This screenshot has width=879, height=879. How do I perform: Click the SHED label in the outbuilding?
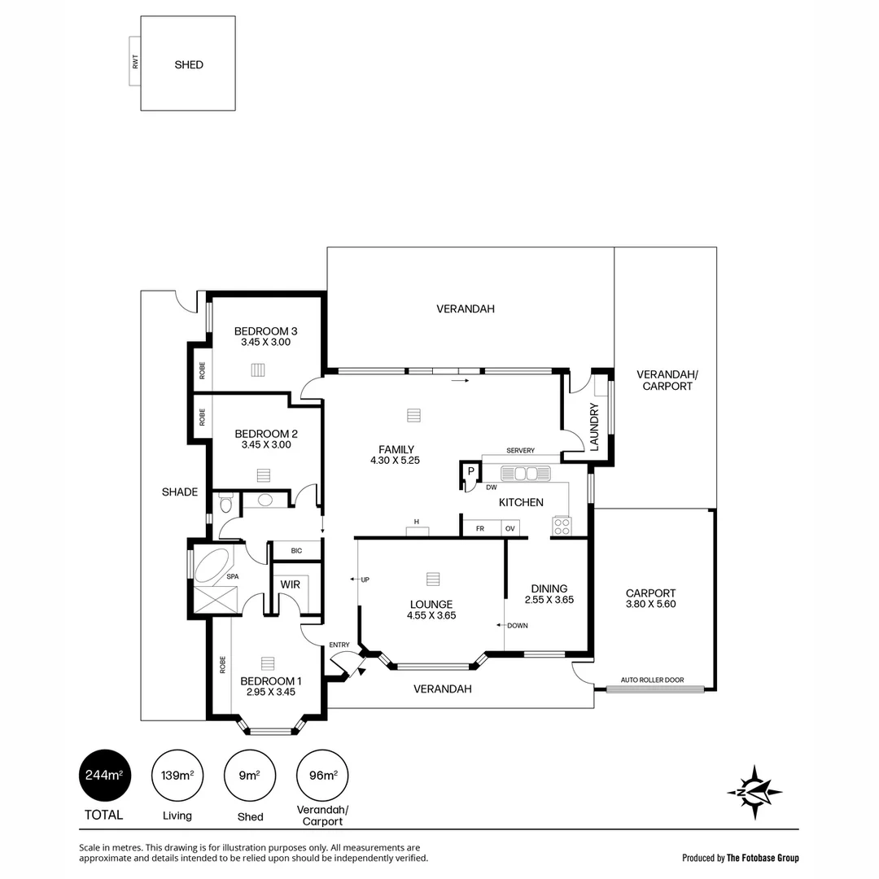[189, 64]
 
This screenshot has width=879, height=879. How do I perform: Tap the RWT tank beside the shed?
[134, 63]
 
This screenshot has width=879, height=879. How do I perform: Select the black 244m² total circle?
[104, 775]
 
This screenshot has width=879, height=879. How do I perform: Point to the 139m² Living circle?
[177, 775]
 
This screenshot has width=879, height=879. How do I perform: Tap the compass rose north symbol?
[754, 791]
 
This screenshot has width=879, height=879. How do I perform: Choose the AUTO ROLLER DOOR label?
[652, 680]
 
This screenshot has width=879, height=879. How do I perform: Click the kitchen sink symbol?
[525, 473]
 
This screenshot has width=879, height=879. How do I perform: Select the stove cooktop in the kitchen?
[562, 527]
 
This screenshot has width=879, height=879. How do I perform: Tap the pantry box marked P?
[470, 471]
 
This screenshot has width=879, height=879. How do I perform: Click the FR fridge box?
[481, 528]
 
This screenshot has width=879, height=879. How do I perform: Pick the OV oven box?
[510, 528]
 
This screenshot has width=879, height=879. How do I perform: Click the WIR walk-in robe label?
[290, 585]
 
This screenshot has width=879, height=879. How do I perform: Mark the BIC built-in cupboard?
[296, 551]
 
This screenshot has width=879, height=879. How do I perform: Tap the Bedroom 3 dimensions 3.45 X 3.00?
[265, 343]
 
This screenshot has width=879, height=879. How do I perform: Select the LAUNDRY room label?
[594, 426]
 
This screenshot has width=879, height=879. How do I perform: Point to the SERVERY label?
[520, 450]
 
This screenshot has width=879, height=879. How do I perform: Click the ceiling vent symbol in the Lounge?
[432, 579]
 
